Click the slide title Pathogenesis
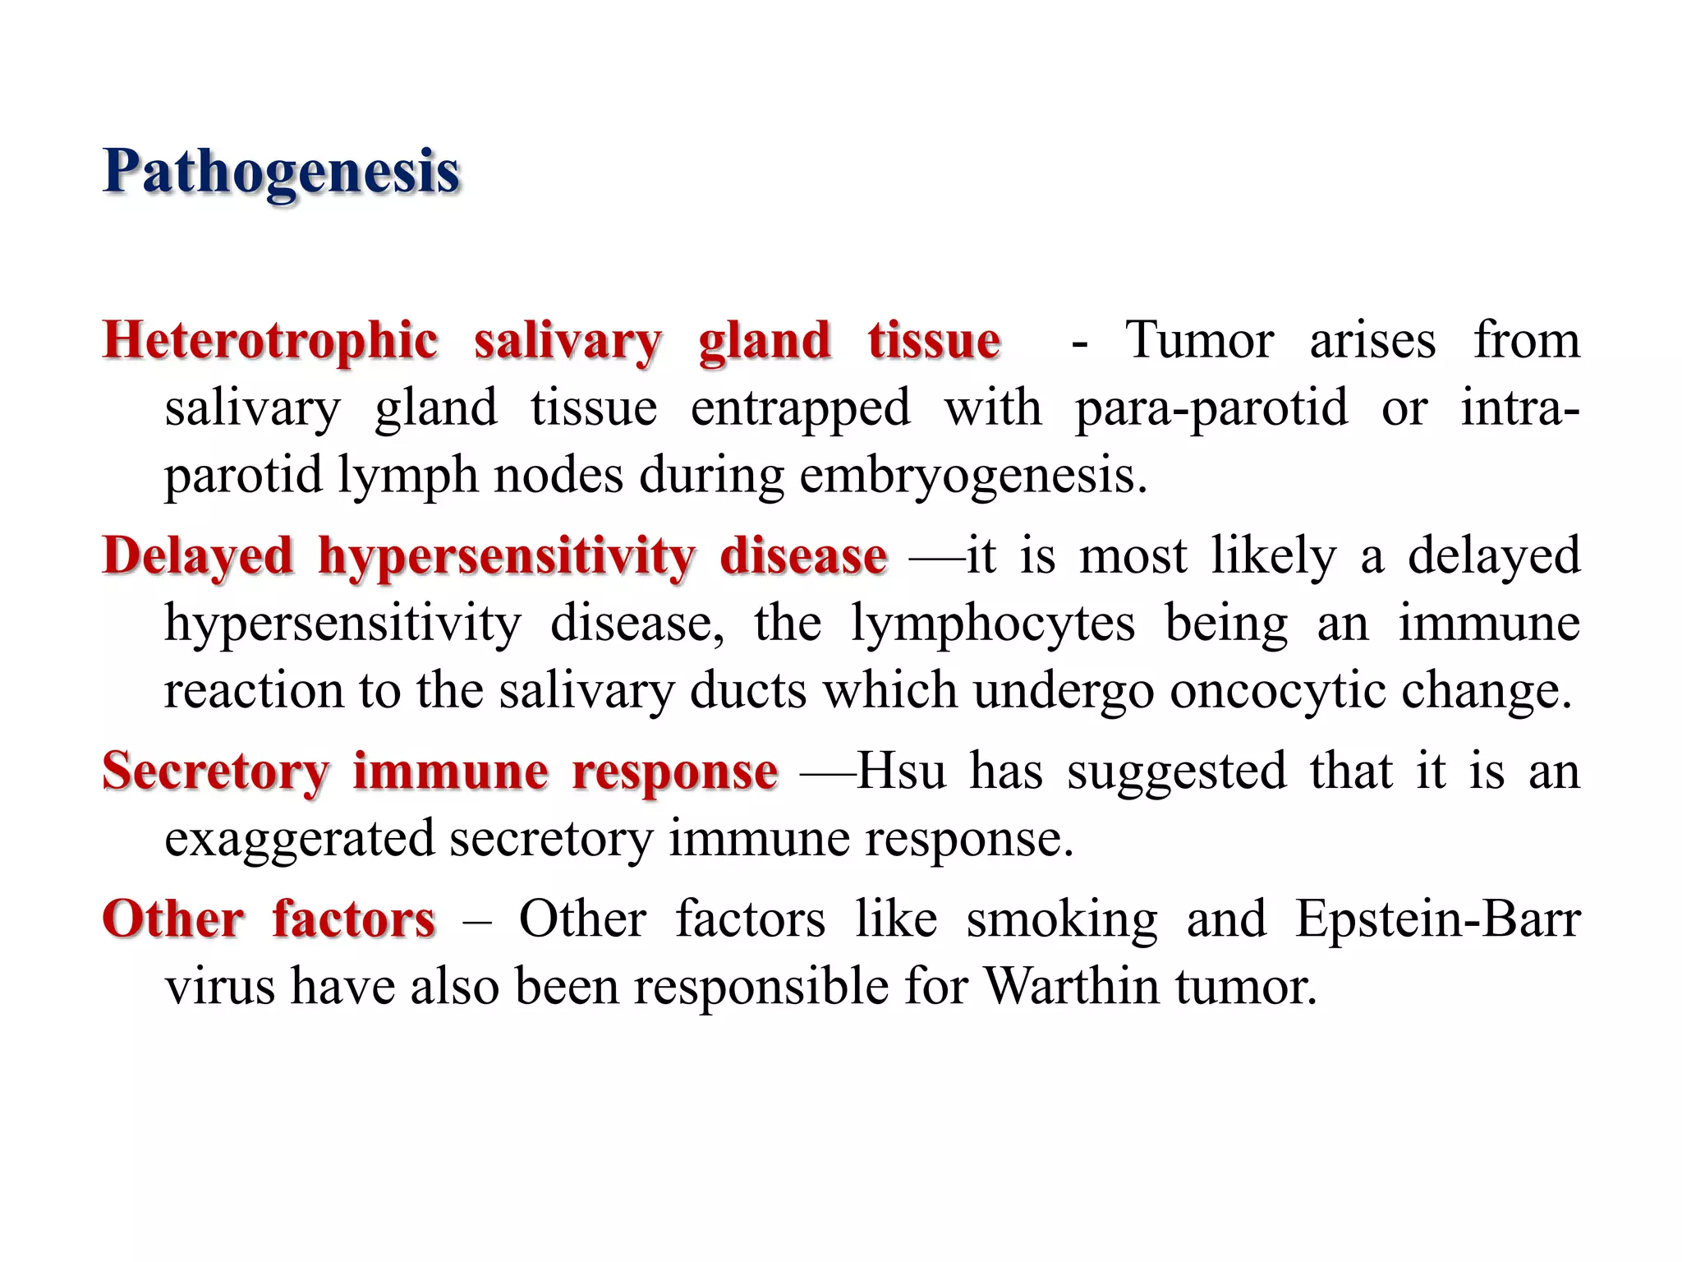(281, 173)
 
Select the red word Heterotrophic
(270, 341)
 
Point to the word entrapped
(800, 408)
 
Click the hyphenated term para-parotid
(1211, 408)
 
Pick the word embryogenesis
(972, 476)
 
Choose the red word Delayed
(198, 556)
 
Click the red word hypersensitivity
(507, 556)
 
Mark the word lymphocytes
(993, 624)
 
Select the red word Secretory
(215, 771)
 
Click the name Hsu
(902, 771)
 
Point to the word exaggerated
(299, 839)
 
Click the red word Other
(173, 919)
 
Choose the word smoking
(1061, 919)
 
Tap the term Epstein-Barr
(1437, 919)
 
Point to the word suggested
(1177, 771)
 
